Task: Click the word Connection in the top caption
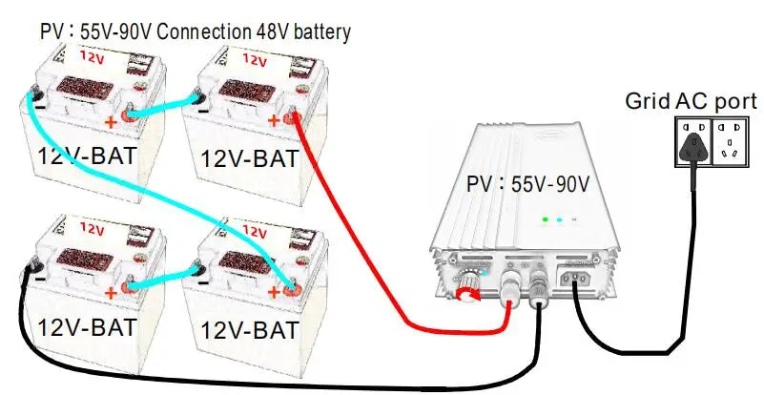203,31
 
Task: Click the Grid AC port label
691,101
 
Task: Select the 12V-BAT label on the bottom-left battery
84,326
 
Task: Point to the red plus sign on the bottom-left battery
112,292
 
